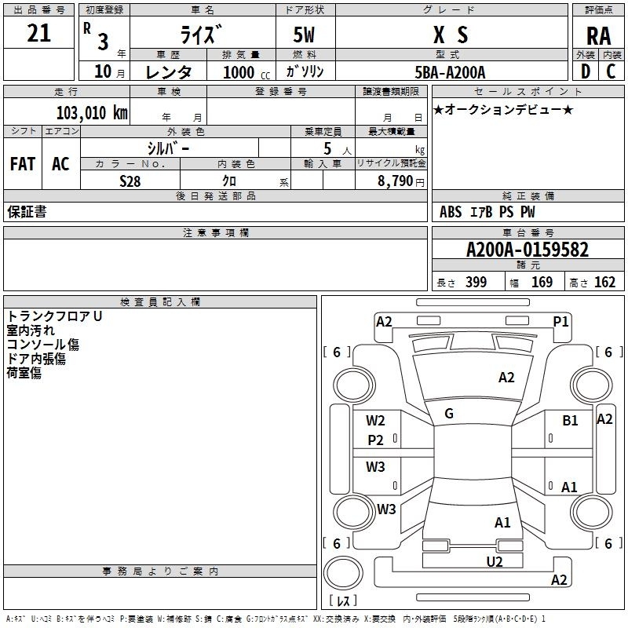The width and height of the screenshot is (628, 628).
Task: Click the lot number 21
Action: (38, 34)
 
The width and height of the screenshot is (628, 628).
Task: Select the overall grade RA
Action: (598, 36)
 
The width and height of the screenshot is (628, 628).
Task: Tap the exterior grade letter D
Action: (585, 71)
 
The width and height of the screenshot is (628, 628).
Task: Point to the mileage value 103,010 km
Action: (92, 112)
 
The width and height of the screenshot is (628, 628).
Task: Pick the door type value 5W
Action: (305, 35)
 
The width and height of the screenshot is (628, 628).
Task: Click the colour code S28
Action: (130, 180)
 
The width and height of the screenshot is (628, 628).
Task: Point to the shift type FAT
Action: (23, 164)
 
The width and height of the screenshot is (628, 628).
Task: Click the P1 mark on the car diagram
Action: (560, 321)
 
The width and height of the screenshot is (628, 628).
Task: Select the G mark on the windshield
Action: (449, 414)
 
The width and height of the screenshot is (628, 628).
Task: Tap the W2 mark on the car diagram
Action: (375, 420)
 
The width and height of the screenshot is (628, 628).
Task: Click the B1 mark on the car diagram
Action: (570, 421)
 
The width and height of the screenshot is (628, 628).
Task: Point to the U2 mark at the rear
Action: (494, 561)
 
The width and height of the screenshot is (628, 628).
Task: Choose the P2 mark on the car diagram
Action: (375, 440)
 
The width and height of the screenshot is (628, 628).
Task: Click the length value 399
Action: (476, 283)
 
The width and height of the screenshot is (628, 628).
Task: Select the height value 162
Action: (604, 283)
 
